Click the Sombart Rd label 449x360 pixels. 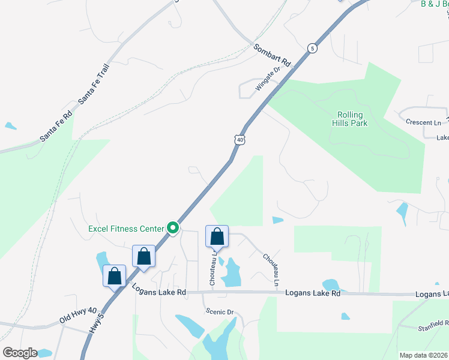click(271, 55)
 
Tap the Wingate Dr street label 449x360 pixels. click(268, 79)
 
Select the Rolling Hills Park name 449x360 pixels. click(352, 119)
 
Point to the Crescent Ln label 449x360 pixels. click(423, 122)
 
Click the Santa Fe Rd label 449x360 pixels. click(56, 126)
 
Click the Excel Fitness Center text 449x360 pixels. click(125, 228)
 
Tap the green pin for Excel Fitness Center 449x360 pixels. click(173, 227)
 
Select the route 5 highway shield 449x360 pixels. click(312, 47)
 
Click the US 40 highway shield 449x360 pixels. click(240, 139)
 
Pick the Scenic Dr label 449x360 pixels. click(218, 311)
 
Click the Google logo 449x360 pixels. click(20, 353)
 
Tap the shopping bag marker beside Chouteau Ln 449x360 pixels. click(217, 236)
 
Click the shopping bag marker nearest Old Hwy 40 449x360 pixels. click(114, 277)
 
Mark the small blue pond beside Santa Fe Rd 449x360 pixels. click(10, 126)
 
